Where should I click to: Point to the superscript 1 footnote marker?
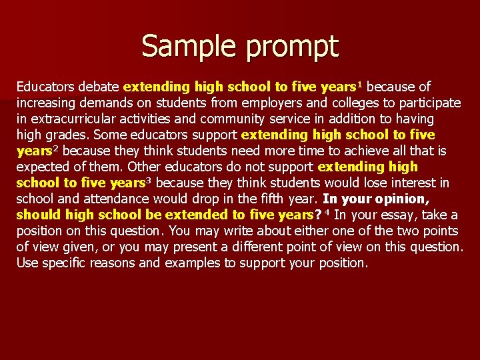(361, 84)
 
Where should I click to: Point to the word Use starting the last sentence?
(27, 263)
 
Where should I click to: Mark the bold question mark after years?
(317, 215)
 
